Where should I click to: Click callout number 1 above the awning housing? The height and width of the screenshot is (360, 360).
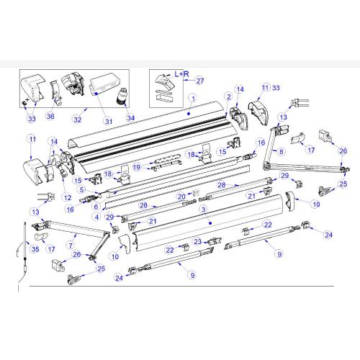tap(192, 96)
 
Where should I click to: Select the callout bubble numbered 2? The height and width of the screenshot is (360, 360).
tap(228, 96)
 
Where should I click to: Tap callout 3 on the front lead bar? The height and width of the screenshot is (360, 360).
tap(204, 208)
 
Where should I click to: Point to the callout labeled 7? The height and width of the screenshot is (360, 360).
tap(69, 245)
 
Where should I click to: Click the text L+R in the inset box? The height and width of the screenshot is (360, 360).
tap(181, 73)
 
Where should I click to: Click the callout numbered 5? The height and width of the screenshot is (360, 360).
tap(82, 190)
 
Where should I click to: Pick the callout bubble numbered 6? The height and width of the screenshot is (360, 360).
tap(95, 207)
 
